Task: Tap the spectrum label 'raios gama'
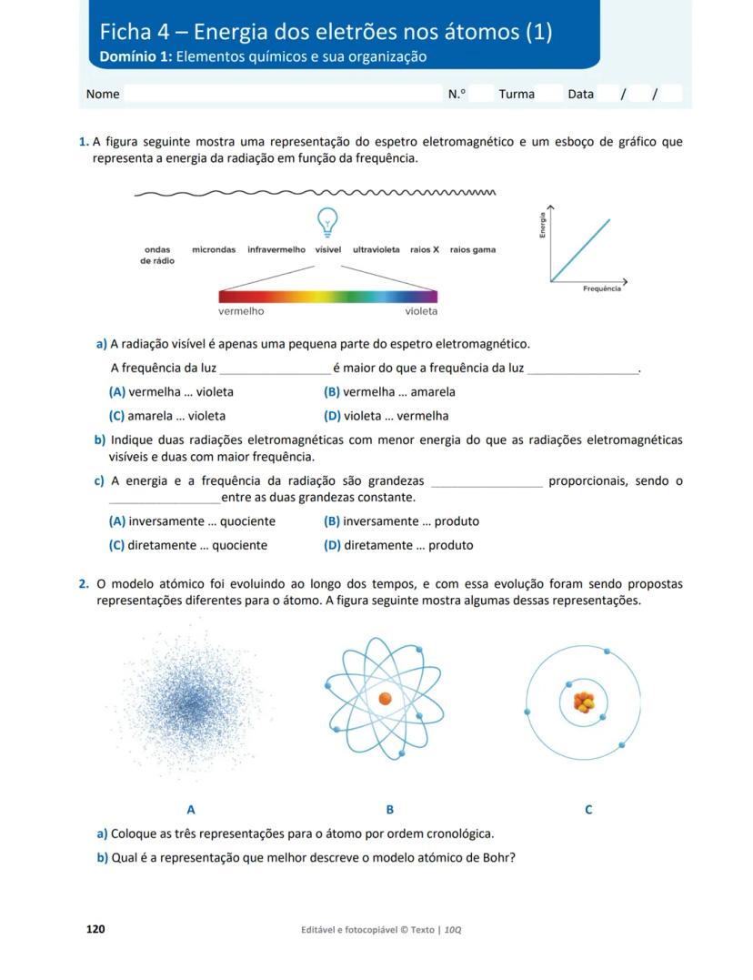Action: (x=473, y=249)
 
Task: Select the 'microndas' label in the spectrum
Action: (x=214, y=249)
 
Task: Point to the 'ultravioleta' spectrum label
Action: (x=376, y=249)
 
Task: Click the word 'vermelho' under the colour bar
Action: (x=241, y=311)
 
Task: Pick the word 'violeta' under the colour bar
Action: (x=421, y=311)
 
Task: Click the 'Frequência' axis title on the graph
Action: (x=602, y=288)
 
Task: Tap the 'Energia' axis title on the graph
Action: (x=542, y=226)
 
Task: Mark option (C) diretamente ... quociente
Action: (x=188, y=545)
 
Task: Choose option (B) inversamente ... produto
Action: (x=401, y=521)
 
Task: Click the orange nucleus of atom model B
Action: (x=385, y=699)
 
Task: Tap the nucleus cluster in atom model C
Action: (x=583, y=702)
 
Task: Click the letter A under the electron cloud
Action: (x=191, y=809)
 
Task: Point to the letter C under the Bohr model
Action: (x=588, y=809)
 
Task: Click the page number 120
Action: (x=95, y=929)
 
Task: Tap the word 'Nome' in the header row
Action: (x=103, y=94)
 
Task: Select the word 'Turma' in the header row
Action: (x=517, y=94)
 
